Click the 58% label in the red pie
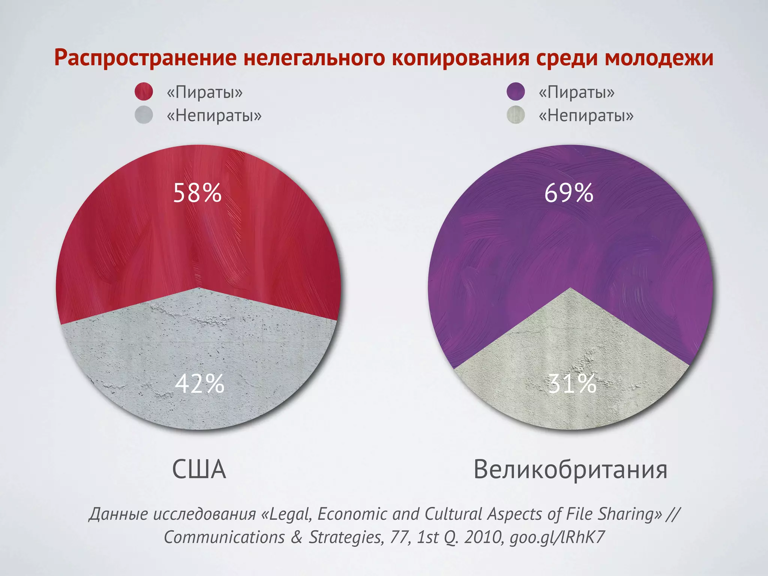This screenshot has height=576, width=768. tap(197, 193)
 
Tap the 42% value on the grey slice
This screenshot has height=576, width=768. tap(199, 384)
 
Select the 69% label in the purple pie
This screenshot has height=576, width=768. tap(568, 193)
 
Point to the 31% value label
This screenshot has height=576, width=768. tap(572, 384)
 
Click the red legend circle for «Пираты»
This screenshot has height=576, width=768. tap(144, 91)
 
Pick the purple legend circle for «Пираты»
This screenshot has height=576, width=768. tap(516, 91)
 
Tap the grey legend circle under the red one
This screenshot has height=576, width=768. tap(144, 115)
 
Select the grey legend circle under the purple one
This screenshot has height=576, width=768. tap(516, 115)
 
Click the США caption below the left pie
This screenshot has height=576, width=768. tap(199, 469)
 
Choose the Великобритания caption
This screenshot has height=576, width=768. tap(570, 469)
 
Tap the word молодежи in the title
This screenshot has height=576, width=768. tap(658, 58)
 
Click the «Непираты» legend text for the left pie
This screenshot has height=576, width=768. tap(214, 115)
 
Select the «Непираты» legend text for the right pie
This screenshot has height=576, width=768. tap(586, 115)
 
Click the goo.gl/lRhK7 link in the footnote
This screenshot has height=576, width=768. tap(557, 537)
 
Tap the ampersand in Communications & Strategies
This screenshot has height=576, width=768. tap(296, 537)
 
